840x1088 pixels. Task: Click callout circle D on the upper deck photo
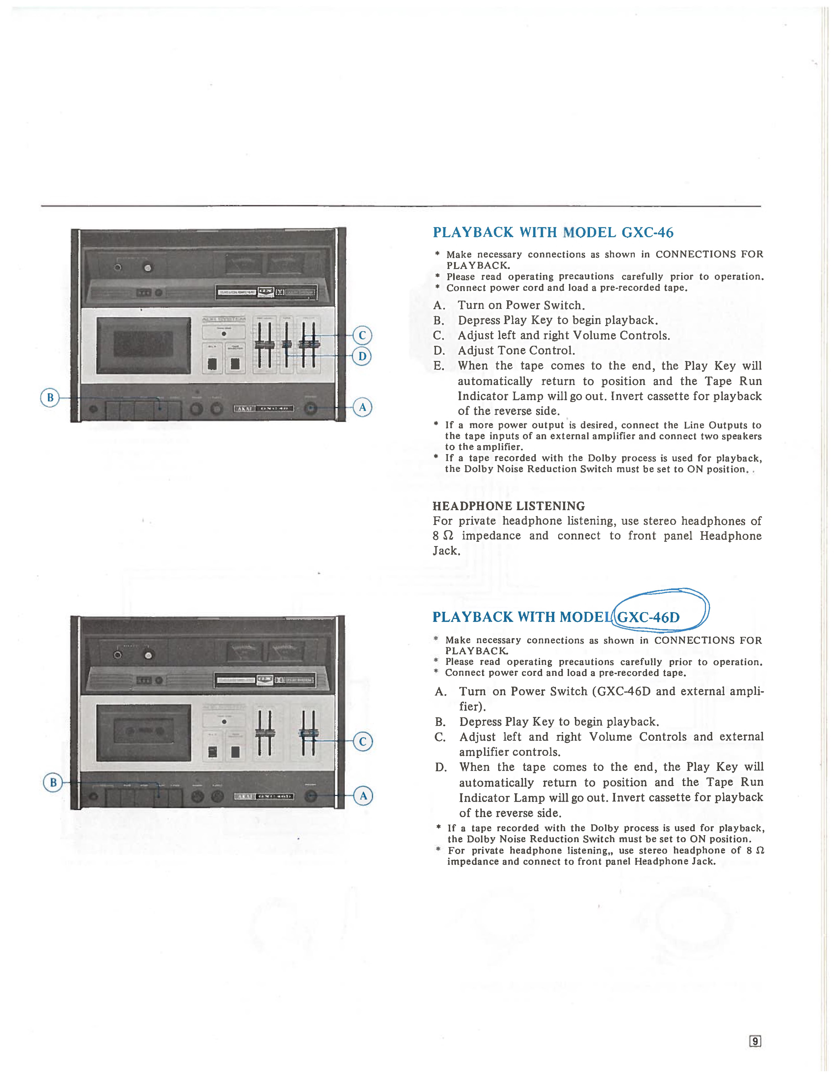[362, 356]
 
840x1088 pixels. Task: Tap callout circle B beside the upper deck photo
[50, 398]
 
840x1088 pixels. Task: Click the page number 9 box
[755, 1041]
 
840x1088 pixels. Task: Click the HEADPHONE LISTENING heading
[508, 506]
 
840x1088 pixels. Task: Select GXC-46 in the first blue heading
[647, 233]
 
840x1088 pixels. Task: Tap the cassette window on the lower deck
[143, 732]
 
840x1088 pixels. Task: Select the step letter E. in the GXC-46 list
[439, 366]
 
